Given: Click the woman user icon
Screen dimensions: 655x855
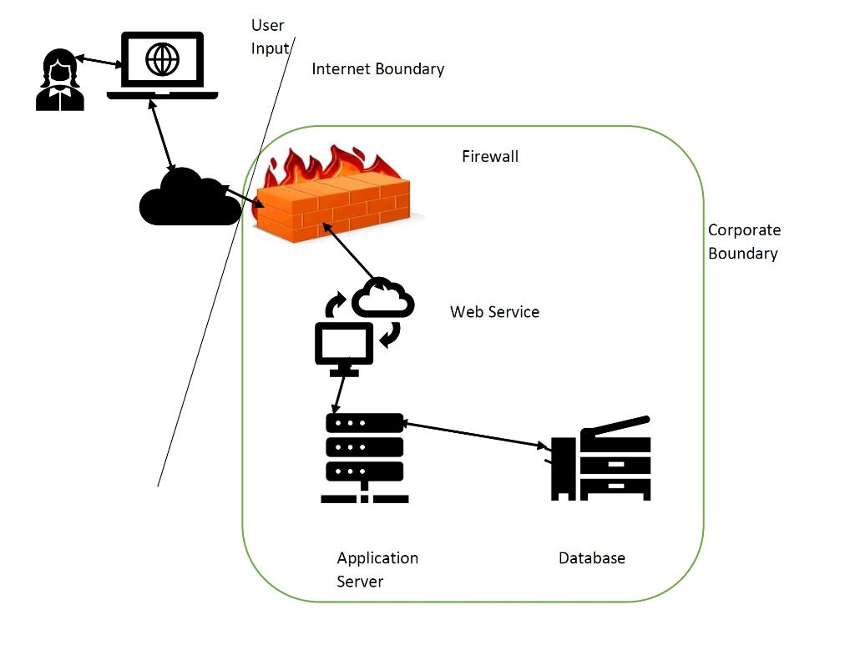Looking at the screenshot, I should (60, 81).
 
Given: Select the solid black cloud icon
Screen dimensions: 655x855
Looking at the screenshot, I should (188, 199).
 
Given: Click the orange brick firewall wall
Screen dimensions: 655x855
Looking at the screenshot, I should (334, 209).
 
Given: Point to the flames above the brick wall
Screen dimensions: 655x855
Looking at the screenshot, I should (334, 167).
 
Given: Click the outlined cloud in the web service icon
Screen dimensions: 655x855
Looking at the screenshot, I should (383, 298).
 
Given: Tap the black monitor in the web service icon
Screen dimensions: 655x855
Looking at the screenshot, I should (343, 344).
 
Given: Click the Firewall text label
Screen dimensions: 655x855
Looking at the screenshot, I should (490, 156).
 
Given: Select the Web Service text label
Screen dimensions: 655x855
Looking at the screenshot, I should (494, 312).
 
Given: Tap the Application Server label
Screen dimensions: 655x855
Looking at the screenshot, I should (377, 569).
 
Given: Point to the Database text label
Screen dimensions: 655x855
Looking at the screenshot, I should (591, 558).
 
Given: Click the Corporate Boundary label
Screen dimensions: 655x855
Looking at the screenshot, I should (744, 241).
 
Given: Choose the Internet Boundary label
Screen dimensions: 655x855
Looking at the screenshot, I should (377, 69).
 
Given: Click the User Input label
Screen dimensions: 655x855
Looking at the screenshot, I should (269, 37).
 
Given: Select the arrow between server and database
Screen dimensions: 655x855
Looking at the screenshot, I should (476, 435).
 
